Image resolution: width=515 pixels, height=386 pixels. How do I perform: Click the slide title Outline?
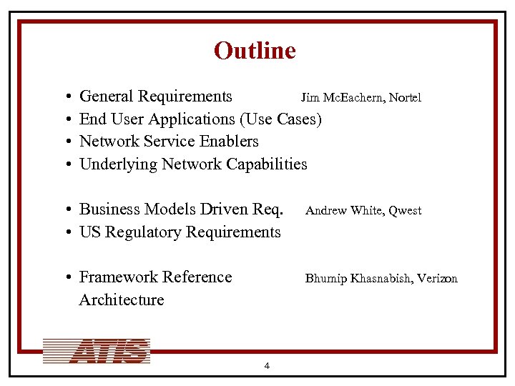pyautogui.click(x=255, y=51)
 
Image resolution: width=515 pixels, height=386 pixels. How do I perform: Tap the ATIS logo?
pyautogui.click(x=97, y=351)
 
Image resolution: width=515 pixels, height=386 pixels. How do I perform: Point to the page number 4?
pyautogui.click(x=266, y=366)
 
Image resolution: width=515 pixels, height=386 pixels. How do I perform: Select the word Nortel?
pyautogui.click(x=405, y=97)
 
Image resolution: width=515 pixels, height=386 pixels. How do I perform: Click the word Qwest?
pyautogui.click(x=405, y=210)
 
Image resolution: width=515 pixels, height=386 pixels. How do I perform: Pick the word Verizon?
pyautogui.click(x=438, y=278)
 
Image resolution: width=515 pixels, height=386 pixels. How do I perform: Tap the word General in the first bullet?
pyautogui.click(x=107, y=96)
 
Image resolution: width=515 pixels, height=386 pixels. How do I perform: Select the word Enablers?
pyautogui.click(x=228, y=141)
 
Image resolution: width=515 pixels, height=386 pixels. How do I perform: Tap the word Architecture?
pyautogui.click(x=122, y=300)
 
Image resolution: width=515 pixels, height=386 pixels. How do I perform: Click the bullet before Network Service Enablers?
pyautogui.click(x=65, y=142)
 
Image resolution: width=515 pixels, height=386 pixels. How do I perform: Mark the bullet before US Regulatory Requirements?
pyautogui.click(x=65, y=232)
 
